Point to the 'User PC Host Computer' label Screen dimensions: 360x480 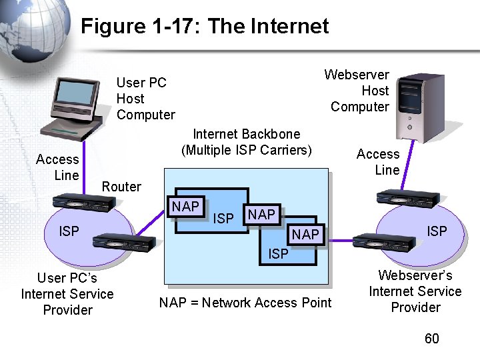145,99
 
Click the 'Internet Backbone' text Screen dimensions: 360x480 246,134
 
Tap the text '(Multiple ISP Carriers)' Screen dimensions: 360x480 246,150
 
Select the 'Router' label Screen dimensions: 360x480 121,187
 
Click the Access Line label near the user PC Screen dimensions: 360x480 57,167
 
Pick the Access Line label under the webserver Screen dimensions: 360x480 378,162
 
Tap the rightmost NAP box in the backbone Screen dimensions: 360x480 305,235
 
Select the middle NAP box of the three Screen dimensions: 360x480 261,214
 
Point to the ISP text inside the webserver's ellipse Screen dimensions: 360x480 437,231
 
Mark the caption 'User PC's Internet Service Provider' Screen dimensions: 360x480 67,294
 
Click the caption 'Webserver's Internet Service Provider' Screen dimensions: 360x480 415,291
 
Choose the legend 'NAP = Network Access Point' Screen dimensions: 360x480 245,303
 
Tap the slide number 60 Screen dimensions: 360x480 432,339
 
